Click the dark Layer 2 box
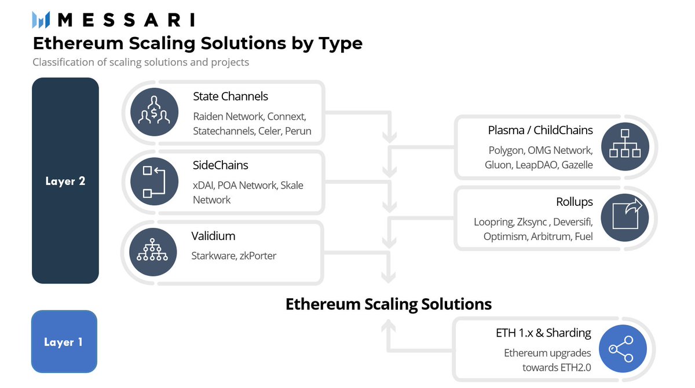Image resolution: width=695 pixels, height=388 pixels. click(x=65, y=180)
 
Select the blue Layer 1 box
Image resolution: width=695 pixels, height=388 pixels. click(x=64, y=342)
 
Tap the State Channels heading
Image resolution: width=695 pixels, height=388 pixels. click(x=231, y=96)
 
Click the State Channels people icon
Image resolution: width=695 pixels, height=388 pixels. click(x=154, y=112)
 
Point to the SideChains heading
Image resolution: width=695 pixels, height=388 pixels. click(x=220, y=165)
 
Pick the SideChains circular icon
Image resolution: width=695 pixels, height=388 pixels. click(x=154, y=181)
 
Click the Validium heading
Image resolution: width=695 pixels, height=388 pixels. click(x=213, y=236)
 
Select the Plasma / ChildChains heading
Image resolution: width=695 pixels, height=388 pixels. click(x=540, y=130)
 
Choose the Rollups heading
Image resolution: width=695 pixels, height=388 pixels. click(x=574, y=202)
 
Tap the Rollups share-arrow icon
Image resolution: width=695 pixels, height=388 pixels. click(x=624, y=217)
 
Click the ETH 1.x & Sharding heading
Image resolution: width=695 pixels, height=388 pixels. click(x=543, y=333)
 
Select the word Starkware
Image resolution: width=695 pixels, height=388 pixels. click(x=213, y=256)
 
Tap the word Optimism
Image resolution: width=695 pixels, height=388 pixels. click(x=504, y=237)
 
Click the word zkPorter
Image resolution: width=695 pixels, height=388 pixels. click(x=258, y=256)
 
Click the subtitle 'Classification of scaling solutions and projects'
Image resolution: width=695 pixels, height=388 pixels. click(x=141, y=62)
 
